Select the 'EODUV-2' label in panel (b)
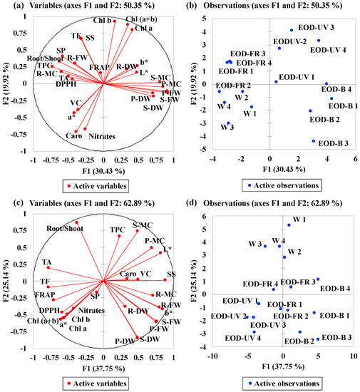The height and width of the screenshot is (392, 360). pyautogui.click(x=291, y=42)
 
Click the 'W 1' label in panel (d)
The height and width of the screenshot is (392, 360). pyautogui.click(x=299, y=220)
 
